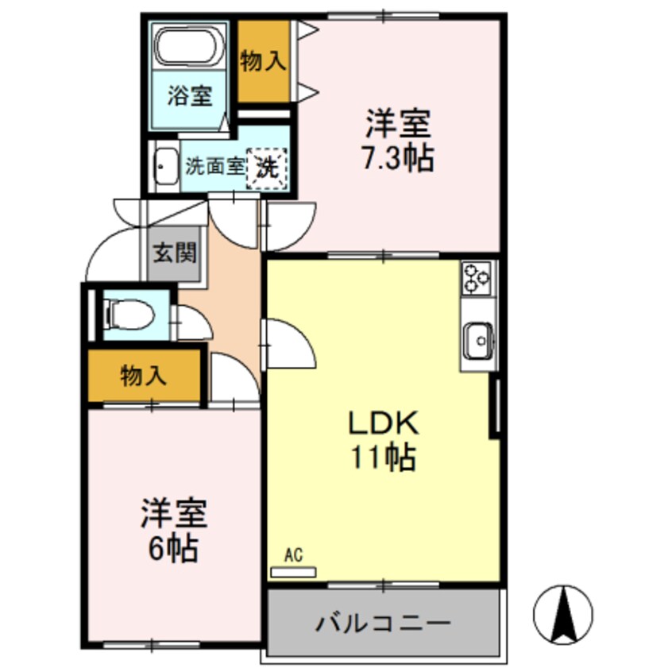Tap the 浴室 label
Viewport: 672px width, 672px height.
(x=189, y=97)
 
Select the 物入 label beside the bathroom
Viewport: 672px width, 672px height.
(x=263, y=62)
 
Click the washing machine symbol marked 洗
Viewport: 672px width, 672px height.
(x=267, y=168)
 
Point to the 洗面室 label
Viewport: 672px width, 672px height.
(x=214, y=167)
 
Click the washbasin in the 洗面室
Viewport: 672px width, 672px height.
(x=164, y=167)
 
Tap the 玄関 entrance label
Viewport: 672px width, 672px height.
(x=175, y=255)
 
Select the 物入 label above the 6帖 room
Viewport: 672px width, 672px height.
(x=143, y=376)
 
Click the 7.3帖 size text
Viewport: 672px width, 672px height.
(x=398, y=160)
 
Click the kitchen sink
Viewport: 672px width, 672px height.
(x=479, y=342)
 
